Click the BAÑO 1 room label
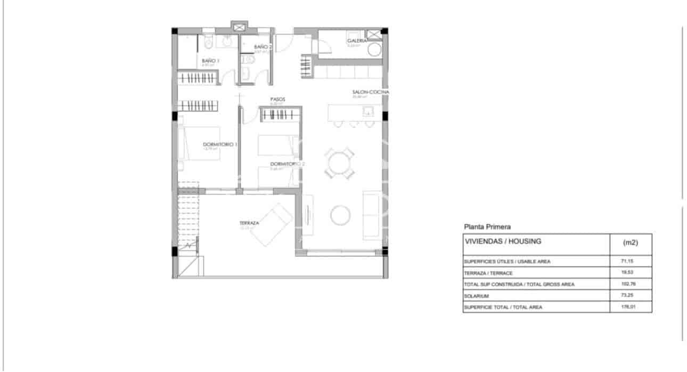point(210,61)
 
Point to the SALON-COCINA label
point(371,92)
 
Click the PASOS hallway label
point(278,99)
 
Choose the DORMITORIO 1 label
point(220,144)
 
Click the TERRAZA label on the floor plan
point(249,223)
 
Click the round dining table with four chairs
point(340,163)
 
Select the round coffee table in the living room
point(340,215)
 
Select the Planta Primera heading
point(487,227)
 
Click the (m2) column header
point(631,242)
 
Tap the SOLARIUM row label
point(476,295)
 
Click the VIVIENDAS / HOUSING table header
point(503,241)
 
